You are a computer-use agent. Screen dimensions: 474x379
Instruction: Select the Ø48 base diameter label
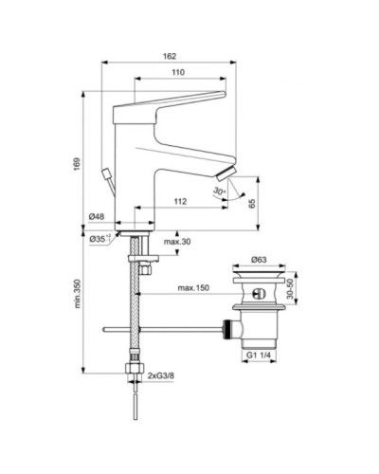(97, 217)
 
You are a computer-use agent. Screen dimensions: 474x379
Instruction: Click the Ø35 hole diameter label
(100, 239)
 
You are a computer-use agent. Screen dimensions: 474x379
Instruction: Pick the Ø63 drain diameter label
(258, 258)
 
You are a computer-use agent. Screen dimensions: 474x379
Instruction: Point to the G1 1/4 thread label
(259, 356)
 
